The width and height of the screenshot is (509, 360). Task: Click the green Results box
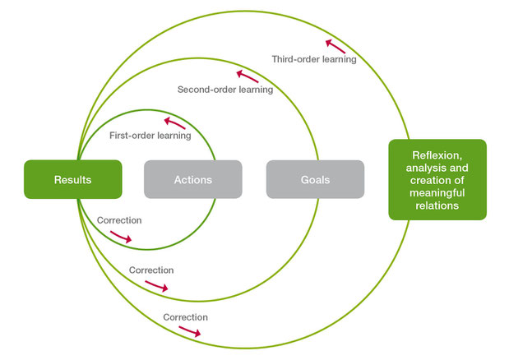[73, 179]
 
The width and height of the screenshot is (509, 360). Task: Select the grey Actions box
[192, 179]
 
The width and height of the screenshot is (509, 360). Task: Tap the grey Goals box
[315, 179]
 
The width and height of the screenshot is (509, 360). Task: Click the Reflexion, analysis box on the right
[437, 180]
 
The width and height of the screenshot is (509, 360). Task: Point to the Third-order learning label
[314, 59]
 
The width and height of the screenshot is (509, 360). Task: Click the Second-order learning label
[225, 90]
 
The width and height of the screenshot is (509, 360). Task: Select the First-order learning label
[150, 136]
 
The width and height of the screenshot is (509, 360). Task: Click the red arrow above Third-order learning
[335, 46]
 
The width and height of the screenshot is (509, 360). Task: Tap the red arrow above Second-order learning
[248, 76]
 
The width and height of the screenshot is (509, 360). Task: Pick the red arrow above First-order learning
[174, 123]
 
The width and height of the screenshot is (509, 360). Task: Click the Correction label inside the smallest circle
[119, 220]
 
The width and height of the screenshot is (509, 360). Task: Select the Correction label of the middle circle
[151, 270]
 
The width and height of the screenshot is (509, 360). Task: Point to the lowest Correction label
[185, 317]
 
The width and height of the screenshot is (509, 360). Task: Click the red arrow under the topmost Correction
[121, 237]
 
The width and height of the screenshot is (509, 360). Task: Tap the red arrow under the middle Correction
[156, 286]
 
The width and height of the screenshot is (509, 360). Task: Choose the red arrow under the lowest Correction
[190, 331]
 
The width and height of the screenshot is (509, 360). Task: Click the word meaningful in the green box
[437, 193]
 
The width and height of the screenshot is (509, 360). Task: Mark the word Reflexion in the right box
[437, 155]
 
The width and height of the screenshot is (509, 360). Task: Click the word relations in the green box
[437, 205]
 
